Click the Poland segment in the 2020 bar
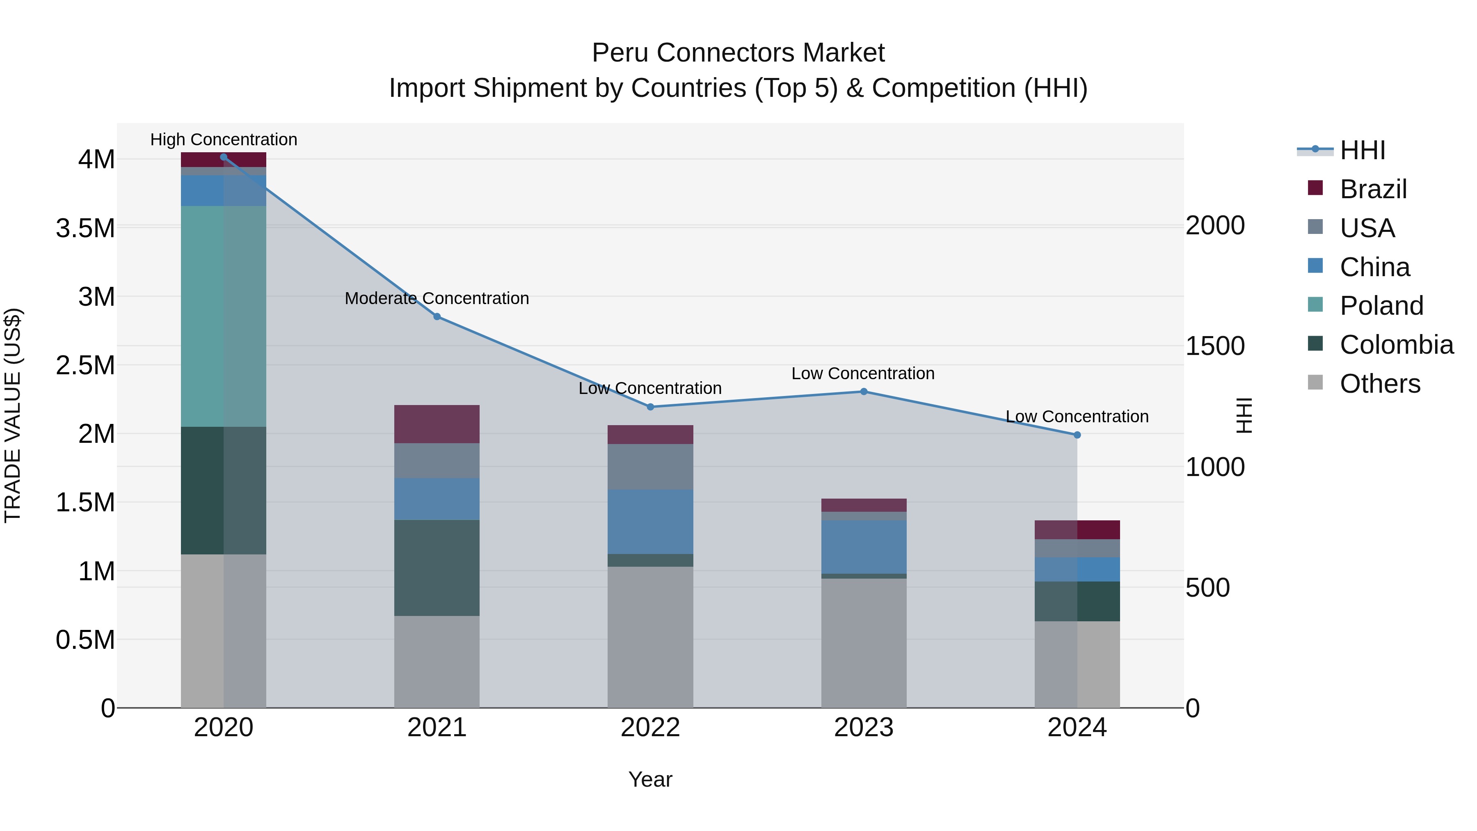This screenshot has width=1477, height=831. pyautogui.click(x=223, y=316)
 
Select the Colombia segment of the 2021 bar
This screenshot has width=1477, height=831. pyautogui.click(x=437, y=568)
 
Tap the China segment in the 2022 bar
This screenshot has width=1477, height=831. pyautogui.click(x=650, y=521)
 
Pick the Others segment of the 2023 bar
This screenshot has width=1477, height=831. pyautogui.click(x=864, y=642)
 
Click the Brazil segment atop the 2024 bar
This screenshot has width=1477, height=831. pyautogui.click(x=1077, y=529)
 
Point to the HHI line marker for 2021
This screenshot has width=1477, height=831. pyautogui.click(x=437, y=316)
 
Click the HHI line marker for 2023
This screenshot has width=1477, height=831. pyautogui.click(x=864, y=392)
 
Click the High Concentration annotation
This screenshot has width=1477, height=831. pyautogui.click(x=224, y=140)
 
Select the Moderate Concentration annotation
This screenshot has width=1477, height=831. pyautogui.click(x=437, y=298)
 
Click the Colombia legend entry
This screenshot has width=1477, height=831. pyautogui.click(x=1396, y=345)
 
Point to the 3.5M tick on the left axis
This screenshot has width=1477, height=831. pyautogui.click(x=85, y=228)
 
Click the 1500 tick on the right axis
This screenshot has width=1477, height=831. pyautogui.click(x=1214, y=346)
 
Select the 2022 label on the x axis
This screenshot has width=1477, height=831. pyautogui.click(x=650, y=728)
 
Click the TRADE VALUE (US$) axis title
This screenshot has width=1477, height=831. pyautogui.click(x=13, y=415)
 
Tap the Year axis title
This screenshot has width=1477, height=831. pyautogui.click(x=650, y=779)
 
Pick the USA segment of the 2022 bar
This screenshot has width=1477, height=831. pyautogui.click(x=650, y=466)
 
